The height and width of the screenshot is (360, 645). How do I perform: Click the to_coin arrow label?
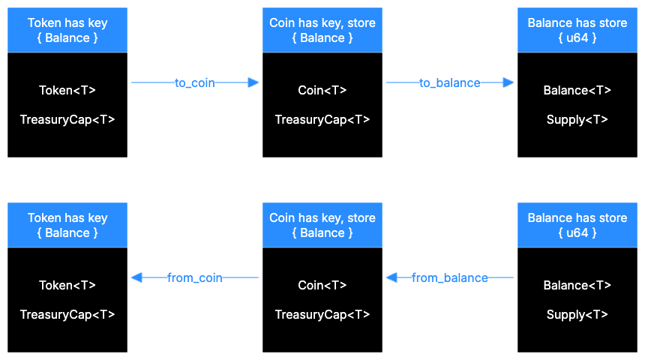195,83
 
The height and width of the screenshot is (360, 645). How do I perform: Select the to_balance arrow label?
450,83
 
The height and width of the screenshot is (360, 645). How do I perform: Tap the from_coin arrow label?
195,278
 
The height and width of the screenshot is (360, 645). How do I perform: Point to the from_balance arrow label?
450,278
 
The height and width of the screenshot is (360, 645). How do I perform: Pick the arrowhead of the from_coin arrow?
136,277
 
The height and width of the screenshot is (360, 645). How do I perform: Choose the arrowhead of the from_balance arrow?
391,277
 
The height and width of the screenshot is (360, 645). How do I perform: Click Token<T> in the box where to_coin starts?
67,91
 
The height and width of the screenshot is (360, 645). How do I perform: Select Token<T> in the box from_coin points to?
67,286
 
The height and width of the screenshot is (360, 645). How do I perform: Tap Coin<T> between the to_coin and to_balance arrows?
322,91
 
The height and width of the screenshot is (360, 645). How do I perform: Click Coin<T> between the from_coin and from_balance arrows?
322,286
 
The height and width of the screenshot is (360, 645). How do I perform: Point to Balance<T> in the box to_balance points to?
577,91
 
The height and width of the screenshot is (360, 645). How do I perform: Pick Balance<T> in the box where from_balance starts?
577,286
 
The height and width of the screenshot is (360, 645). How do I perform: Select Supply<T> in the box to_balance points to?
577,120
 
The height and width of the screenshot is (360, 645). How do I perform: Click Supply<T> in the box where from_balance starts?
577,315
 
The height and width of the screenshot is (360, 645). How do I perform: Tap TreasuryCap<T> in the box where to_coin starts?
67,120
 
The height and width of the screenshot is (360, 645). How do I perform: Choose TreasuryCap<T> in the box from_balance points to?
322,315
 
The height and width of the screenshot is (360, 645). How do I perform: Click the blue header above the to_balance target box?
577,30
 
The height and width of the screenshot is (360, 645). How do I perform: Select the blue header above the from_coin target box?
67,225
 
